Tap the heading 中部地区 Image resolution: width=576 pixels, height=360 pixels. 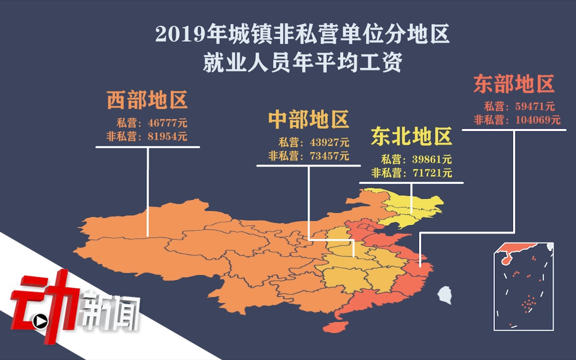(309, 120)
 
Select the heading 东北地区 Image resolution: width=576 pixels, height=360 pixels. (411, 137)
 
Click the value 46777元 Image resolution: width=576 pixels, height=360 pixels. (167, 123)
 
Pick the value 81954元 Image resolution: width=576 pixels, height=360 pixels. (167, 136)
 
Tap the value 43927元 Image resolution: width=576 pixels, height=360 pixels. (329, 143)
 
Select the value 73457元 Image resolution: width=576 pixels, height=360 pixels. (329, 156)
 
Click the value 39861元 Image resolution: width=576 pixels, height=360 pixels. (432, 159)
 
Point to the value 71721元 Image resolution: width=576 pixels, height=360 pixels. (432, 173)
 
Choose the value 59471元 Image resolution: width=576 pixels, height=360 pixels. (535, 106)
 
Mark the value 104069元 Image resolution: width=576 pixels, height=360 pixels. (538, 120)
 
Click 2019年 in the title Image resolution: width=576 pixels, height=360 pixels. (180, 35)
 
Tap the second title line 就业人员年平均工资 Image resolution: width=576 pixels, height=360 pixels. (302, 62)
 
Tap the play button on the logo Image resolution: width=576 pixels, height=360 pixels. (40, 321)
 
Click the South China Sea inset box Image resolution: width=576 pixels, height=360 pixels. (523, 287)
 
